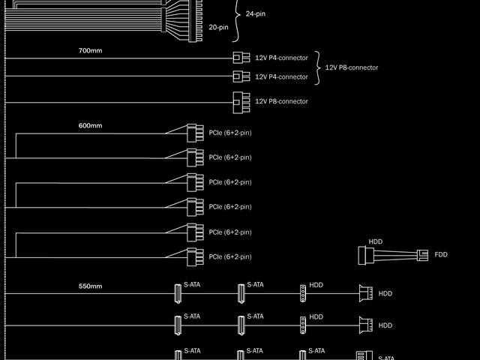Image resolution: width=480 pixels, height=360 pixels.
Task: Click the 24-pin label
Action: pos(257,14)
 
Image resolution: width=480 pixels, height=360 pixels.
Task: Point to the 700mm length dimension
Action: pos(90,51)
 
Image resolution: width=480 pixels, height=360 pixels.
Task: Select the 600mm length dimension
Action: pos(90,125)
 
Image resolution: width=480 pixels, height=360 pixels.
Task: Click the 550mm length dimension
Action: pos(90,286)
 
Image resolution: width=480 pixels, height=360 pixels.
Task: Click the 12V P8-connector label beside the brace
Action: pos(351,67)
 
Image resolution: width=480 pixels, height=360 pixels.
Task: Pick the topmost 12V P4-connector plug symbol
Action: pos(241,58)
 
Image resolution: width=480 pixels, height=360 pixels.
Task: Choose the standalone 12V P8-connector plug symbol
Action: pos(241,100)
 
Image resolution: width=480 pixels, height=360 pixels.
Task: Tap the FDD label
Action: pos(440,255)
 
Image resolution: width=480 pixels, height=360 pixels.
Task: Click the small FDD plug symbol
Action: pos(423,255)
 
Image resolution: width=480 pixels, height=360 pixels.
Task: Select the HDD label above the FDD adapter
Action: pos(375,241)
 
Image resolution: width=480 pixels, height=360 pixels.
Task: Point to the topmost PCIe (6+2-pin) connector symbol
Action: pos(194,133)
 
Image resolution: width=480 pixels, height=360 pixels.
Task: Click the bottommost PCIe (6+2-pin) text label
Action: pos(229,257)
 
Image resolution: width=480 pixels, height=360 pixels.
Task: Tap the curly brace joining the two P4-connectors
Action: pos(317,67)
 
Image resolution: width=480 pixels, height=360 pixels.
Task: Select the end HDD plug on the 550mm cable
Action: pos(366,293)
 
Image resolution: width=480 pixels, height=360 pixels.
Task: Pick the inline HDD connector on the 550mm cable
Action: pos(303,293)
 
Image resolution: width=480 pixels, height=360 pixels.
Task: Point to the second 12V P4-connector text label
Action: pos(281,76)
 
